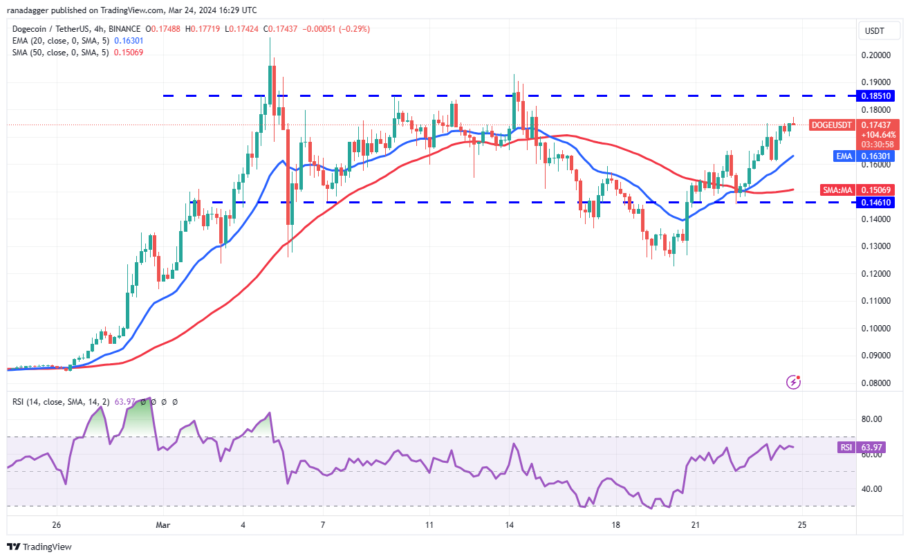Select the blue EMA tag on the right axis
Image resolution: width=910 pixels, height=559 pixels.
click(844, 156)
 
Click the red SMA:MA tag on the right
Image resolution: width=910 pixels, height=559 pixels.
click(839, 190)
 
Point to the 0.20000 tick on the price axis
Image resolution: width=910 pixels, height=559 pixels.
click(874, 55)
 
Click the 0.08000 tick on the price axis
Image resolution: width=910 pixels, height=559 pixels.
click(874, 383)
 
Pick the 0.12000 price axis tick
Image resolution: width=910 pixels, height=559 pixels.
click(874, 273)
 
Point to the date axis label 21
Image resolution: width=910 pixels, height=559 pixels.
click(695, 525)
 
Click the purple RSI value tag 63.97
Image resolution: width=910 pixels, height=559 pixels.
click(874, 448)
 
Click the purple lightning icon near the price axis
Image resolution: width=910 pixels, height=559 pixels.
click(795, 381)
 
